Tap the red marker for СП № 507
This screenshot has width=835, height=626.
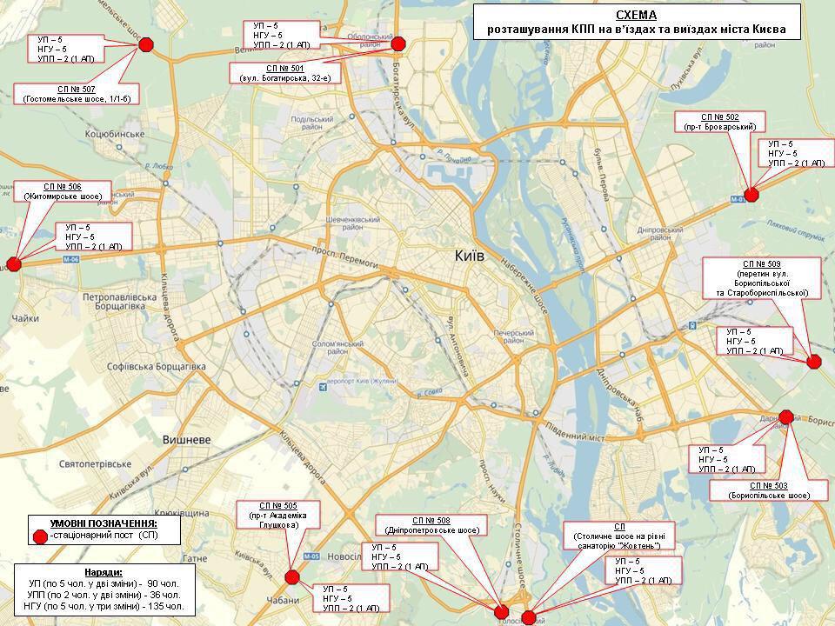click(146, 44)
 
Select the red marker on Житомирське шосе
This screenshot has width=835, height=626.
click(13, 264)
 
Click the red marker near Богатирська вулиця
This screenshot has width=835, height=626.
click(398, 44)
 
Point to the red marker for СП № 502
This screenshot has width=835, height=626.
click(751, 195)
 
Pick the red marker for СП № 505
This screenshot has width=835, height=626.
click(292, 576)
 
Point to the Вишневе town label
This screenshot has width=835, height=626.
click(187, 440)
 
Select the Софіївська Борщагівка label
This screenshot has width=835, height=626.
click(155, 367)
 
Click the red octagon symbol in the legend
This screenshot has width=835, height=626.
click(39, 536)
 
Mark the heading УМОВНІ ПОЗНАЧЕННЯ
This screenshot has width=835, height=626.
click(104, 523)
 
